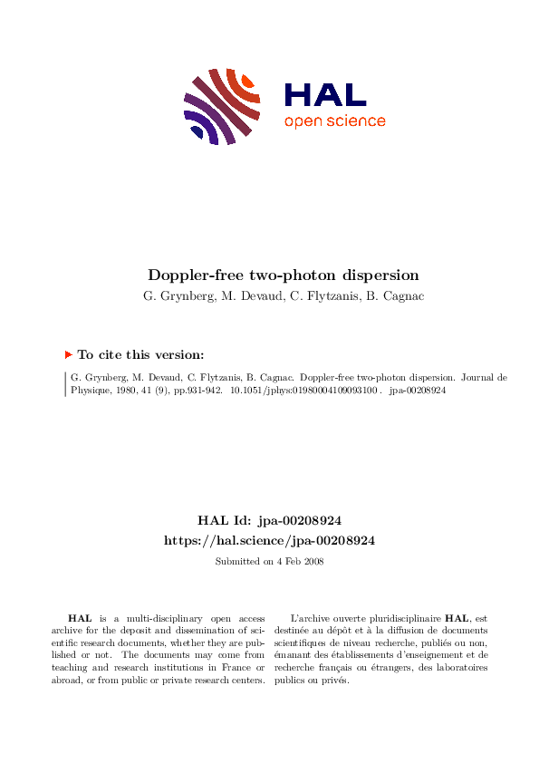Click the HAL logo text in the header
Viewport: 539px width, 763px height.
point(325,94)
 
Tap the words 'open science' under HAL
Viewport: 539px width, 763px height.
point(334,121)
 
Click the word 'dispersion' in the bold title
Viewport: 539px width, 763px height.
point(354,275)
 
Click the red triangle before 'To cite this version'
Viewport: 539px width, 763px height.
point(69,355)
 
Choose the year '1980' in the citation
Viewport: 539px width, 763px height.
point(124,392)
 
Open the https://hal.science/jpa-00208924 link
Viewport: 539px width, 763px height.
point(269,540)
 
